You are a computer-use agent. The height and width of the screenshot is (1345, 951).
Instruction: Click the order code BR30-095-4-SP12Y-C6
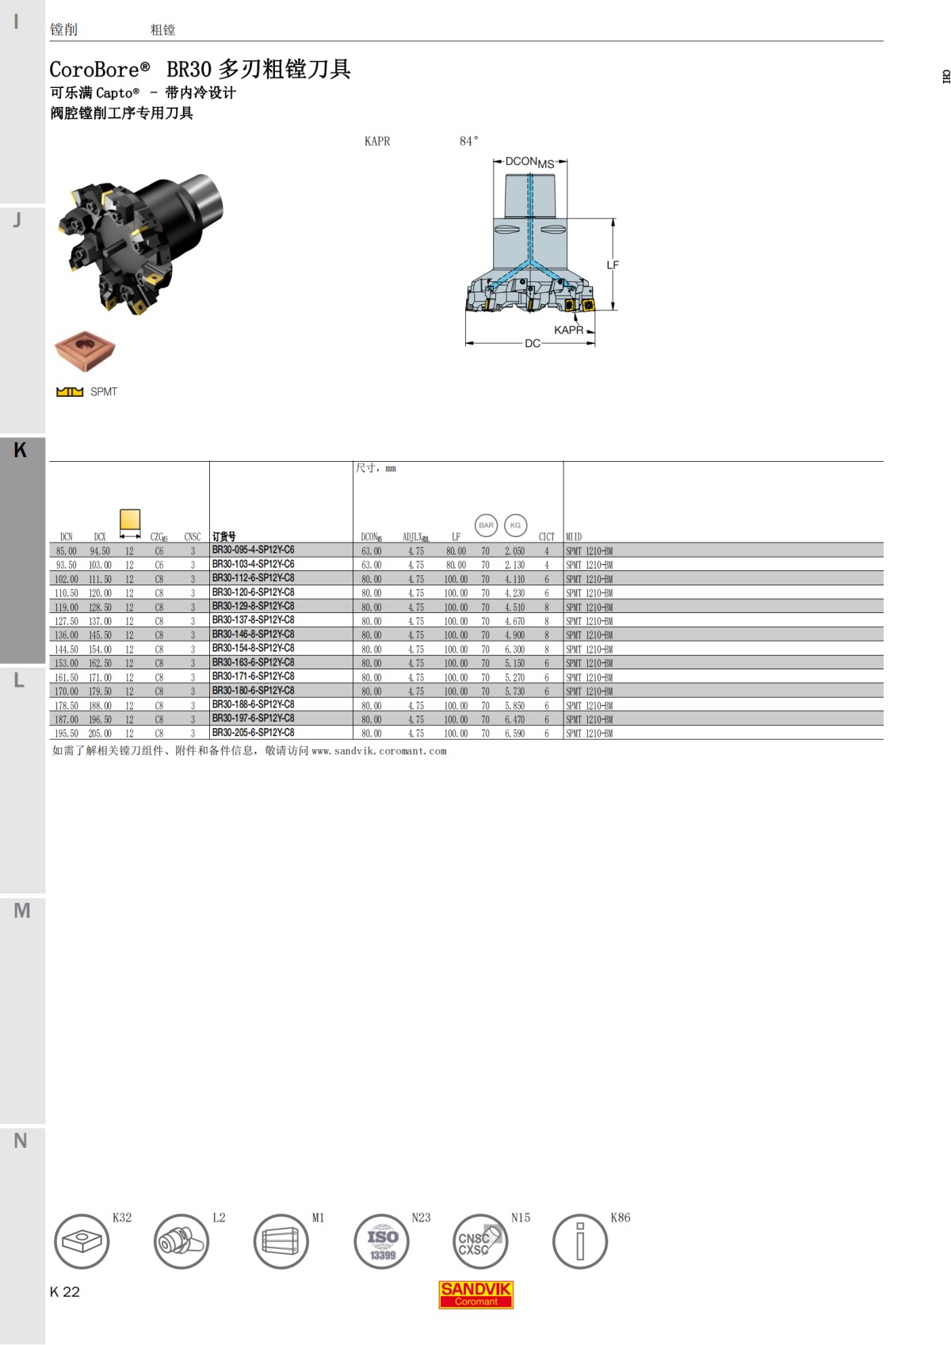point(253,550)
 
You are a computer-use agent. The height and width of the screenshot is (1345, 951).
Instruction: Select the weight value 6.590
point(514,733)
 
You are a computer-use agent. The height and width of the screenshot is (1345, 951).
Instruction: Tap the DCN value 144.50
point(67,650)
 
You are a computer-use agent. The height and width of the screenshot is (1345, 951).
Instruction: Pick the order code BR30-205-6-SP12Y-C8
point(253,733)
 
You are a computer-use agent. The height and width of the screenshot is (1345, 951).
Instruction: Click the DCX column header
point(99,537)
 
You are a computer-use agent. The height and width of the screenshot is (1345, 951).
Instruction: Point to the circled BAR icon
point(486,525)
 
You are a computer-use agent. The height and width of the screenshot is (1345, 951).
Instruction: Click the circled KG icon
point(515,525)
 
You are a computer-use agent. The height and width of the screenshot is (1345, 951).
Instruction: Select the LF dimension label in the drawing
point(613,265)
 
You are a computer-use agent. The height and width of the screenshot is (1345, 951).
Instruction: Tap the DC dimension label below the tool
point(532,344)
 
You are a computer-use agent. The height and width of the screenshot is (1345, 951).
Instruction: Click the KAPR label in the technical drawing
point(568,330)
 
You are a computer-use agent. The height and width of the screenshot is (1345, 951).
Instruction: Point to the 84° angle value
point(468,141)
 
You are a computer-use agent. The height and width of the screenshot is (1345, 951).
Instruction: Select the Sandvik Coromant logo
point(475,1294)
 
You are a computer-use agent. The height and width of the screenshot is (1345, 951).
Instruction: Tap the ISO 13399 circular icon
point(382,1242)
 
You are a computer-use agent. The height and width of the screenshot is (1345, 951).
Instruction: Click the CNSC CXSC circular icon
point(480,1242)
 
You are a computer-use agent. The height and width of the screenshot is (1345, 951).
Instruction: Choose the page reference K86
point(621,1217)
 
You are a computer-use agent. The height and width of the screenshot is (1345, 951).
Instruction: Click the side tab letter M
point(21,911)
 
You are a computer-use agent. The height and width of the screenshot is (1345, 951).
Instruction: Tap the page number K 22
point(65,1292)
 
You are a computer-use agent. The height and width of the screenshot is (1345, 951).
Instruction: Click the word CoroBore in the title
point(94,70)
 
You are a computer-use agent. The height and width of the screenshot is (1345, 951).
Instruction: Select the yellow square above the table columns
point(129,520)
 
